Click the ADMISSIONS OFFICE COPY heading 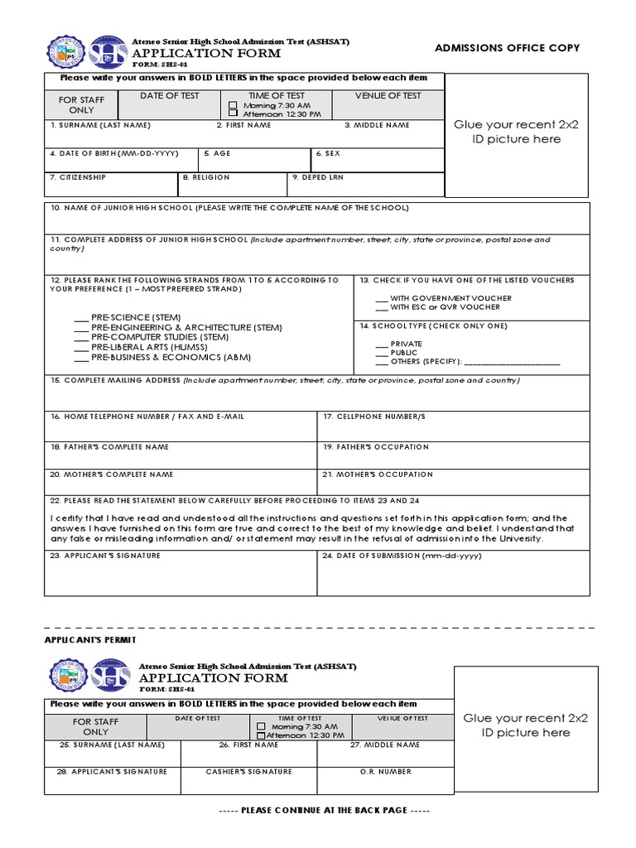click(x=507, y=48)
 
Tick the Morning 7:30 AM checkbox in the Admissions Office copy click(x=233, y=106)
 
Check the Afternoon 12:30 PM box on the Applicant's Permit click(x=261, y=735)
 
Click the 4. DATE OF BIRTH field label click(x=114, y=153)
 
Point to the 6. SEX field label click(x=328, y=153)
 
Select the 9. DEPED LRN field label click(x=318, y=177)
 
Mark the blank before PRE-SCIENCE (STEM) click(x=80, y=318)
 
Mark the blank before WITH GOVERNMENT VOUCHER click(x=381, y=298)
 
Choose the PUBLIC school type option click(x=381, y=353)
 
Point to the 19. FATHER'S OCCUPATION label click(x=376, y=447)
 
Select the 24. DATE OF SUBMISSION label click(x=401, y=556)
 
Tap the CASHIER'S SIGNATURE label click(x=248, y=772)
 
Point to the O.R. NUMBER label click(x=385, y=772)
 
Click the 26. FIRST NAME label click(x=248, y=745)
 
